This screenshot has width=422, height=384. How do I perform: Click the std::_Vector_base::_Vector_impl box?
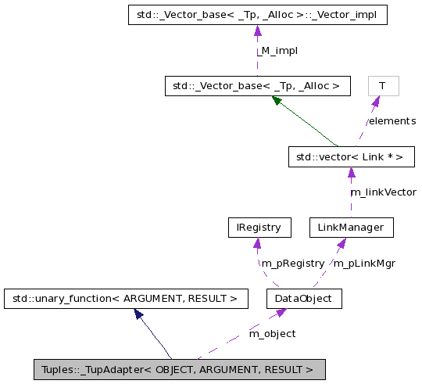click(257, 15)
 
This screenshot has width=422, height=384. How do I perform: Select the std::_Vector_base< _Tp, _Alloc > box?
click(257, 85)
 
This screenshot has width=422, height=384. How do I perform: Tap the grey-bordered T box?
click(383, 85)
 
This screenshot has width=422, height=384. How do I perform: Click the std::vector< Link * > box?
click(349, 156)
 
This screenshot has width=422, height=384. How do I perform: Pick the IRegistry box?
click(258, 228)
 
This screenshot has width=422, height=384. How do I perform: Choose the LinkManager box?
click(350, 228)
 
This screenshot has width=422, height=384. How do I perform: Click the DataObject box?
click(304, 298)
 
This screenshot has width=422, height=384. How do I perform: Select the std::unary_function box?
click(126, 298)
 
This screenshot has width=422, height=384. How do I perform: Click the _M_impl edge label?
click(277, 51)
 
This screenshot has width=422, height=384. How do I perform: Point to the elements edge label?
click(392, 121)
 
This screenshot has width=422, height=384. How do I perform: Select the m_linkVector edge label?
click(383, 192)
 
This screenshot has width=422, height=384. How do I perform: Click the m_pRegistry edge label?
click(292, 264)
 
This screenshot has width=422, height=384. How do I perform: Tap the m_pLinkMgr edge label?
click(364, 264)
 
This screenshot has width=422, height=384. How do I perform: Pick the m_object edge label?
click(272, 334)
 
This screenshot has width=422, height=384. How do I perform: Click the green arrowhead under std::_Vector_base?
click(277, 100)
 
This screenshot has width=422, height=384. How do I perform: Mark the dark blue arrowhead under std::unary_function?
click(139, 313)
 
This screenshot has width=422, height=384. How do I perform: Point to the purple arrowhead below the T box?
click(376, 101)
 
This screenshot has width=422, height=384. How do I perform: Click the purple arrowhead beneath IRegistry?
click(258, 242)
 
